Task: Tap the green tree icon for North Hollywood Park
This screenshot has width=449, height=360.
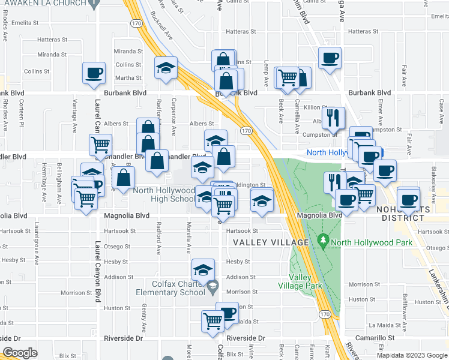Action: [324, 242]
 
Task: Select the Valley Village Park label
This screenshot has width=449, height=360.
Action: [300, 281]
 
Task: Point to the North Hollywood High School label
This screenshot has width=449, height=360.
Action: [164, 194]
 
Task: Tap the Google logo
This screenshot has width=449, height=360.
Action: [20, 352]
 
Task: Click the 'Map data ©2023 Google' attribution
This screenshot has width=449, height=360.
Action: [411, 355]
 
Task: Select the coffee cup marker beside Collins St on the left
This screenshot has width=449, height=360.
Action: [95, 73]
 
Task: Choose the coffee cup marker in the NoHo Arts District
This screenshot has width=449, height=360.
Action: [409, 199]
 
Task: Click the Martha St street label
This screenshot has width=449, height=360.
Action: [128, 78]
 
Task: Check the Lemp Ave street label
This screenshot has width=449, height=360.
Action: [265, 72]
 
